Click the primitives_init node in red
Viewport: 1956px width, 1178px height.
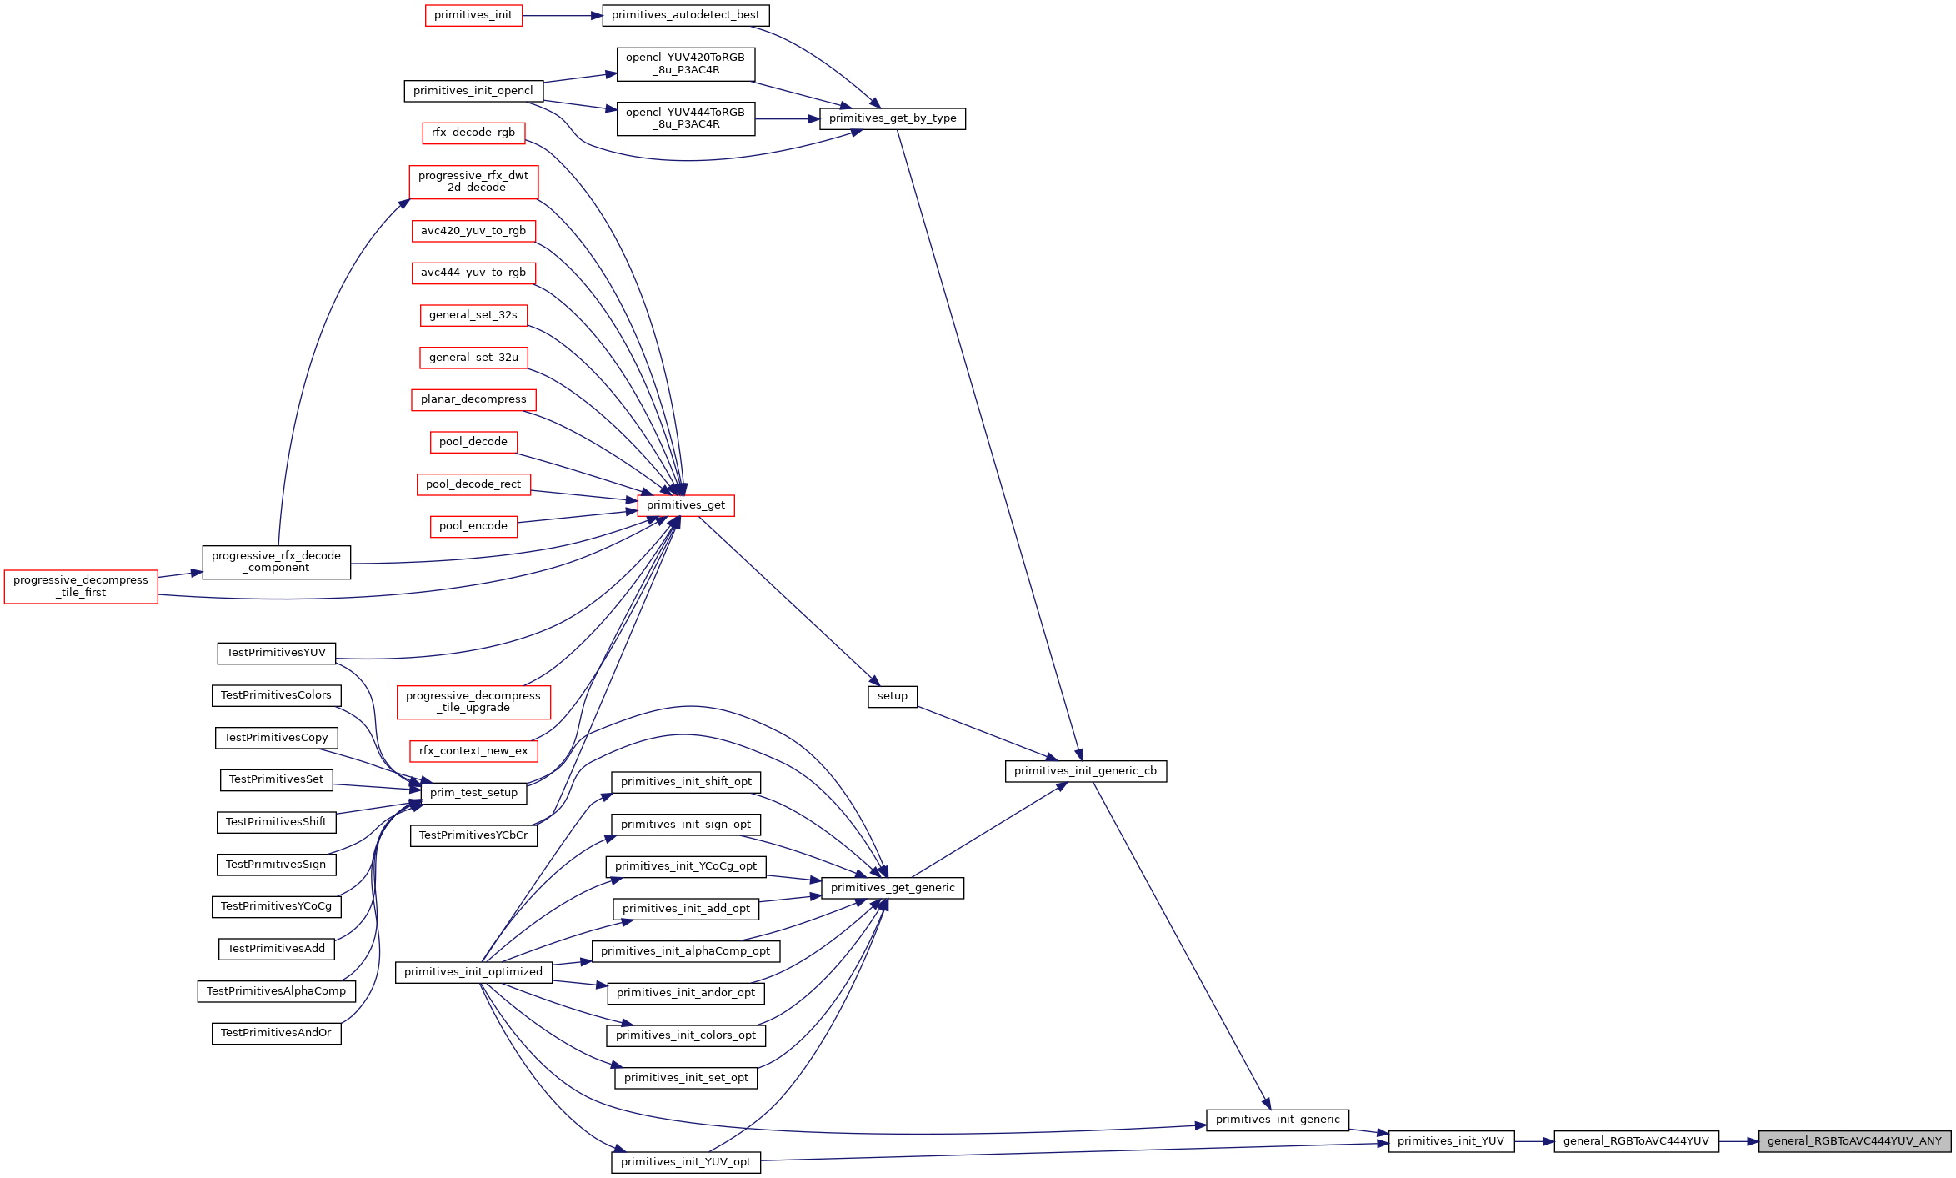pyautogui.click(x=473, y=15)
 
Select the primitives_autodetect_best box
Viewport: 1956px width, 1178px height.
pyautogui.click(x=686, y=15)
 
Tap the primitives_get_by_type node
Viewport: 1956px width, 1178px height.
pyautogui.click(x=893, y=118)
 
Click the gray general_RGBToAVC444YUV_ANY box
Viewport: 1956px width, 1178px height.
pyautogui.click(x=1854, y=1141)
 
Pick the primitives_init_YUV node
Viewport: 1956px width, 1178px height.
pyautogui.click(x=1451, y=1141)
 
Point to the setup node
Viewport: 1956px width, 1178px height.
pyautogui.click(x=893, y=696)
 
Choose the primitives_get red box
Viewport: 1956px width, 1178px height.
pyautogui.click(x=686, y=505)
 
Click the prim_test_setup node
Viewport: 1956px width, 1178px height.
pyautogui.click(x=473, y=793)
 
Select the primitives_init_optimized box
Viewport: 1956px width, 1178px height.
pyautogui.click(x=473, y=972)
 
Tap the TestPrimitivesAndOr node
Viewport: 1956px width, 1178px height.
pyautogui.click(x=276, y=1033)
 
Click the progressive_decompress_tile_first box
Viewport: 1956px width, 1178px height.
pyautogui.click(x=81, y=587)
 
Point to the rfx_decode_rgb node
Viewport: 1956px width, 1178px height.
pyautogui.click(x=473, y=133)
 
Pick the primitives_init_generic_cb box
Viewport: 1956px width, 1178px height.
pyautogui.click(x=1086, y=771)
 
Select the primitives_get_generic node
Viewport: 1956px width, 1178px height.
pyautogui.click(x=893, y=888)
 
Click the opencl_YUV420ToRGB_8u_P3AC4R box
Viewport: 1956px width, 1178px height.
pyautogui.click(x=686, y=64)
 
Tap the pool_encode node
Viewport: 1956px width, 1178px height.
pyautogui.click(x=473, y=526)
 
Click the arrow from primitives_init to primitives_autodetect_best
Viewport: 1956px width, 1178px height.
pyautogui.click(x=563, y=15)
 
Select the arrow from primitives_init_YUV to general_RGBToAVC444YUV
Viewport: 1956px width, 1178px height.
pyautogui.click(x=1534, y=1141)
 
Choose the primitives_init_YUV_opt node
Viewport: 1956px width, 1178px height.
pyautogui.click(x=686, y=1162)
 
